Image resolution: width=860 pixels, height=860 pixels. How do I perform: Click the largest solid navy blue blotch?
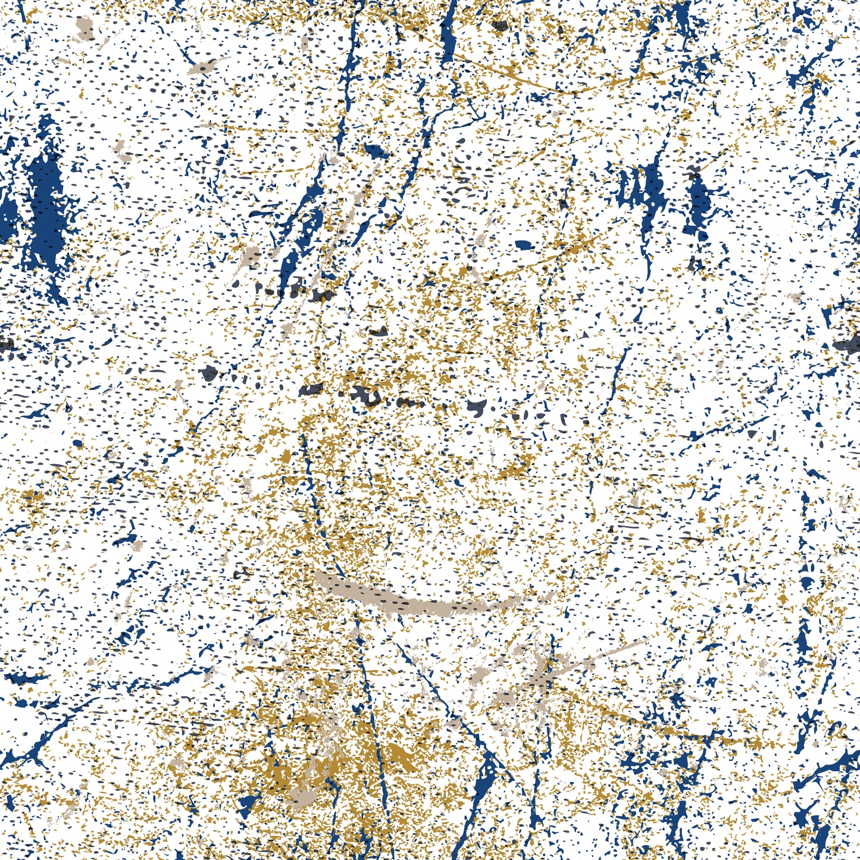[45, 208]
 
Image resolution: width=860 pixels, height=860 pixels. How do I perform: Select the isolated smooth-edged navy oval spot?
[523, 244]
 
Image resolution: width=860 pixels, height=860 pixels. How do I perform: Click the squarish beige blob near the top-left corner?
[85, 27]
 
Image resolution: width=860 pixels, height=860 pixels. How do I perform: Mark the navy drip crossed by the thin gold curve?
[449, 36]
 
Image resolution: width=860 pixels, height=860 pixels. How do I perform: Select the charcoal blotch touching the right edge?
[848, 343]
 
